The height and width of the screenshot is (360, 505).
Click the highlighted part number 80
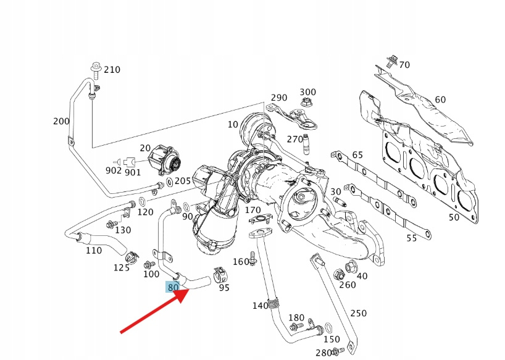coord(173,287)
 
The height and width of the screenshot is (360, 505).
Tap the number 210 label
coord(112,70)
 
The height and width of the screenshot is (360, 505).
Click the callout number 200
coord(61,121)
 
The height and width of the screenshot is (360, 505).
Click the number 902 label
coord(113,170)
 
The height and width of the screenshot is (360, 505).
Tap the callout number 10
coord(232,124)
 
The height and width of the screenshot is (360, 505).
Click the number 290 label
coord(279,98)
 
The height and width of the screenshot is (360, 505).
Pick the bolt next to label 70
coord(391,61)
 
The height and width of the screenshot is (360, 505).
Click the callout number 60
coord(440,99)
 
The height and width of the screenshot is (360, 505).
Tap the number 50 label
coord(454,217)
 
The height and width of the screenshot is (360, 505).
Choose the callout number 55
coord(411,238)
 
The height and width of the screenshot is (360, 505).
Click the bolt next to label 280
coord(335,352)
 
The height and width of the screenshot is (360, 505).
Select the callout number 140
coord(261,306)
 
